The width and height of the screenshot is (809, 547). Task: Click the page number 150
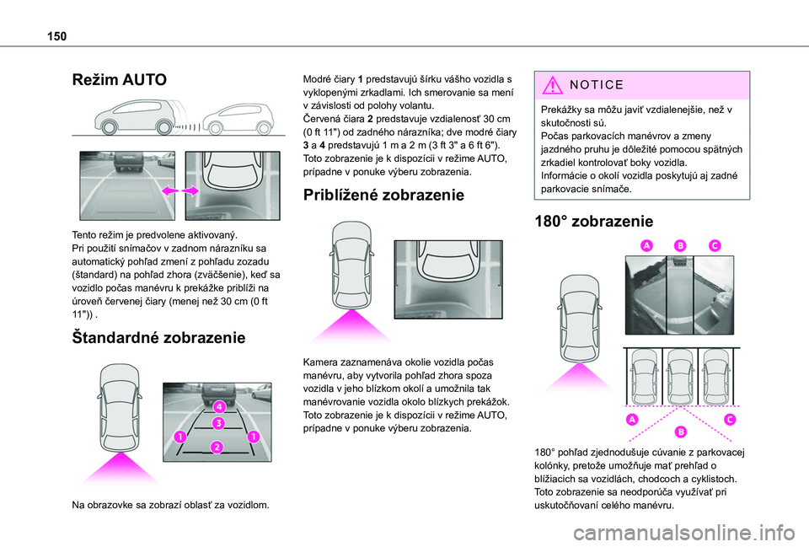click(x=56, y=36)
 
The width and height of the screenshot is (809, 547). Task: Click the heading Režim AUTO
click(x=120, y=80)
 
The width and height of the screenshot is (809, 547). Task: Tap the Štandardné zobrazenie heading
click(x=159, y=338)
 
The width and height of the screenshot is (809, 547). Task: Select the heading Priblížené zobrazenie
click(x=383, y=195)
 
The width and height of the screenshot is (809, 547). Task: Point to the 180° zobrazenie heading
click(x=594, y=222)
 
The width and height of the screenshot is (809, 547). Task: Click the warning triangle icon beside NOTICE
click(x=553, y=84)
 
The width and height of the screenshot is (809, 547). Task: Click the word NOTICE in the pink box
click(x=597, y=84)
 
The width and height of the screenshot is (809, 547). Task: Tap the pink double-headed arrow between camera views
click(x=180, y=191)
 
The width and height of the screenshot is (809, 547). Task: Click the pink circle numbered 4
click(x=219, y=406)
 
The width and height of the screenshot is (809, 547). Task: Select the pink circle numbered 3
click(x=219, y=424)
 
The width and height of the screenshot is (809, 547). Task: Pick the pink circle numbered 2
click(x=217, y=447)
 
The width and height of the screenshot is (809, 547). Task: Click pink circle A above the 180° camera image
click(x=646, y=245)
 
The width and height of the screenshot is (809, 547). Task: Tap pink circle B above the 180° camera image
click(x=681, y=245)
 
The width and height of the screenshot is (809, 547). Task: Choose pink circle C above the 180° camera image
click(x=715, y=245)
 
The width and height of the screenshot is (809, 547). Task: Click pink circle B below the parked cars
click(x=681, y=432)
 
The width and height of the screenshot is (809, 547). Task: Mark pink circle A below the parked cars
click(x=632, y=419)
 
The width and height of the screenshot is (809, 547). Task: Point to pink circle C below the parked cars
click(x=730, y=419)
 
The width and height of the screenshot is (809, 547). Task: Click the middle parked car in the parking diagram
click(x=680, y=376)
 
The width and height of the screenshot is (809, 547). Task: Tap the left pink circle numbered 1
click(x=179, y=437)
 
